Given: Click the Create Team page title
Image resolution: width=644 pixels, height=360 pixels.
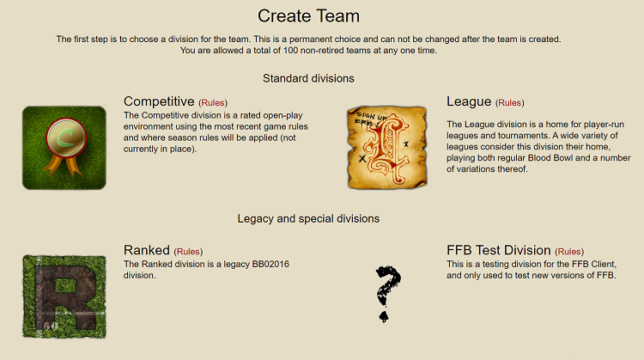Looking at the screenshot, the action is point(308,16).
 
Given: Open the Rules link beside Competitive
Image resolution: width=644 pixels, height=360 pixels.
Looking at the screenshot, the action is point(213,103).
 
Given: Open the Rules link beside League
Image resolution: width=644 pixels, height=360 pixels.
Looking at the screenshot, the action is point(510,103).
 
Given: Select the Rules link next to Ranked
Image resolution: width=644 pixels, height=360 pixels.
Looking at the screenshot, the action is point(188,252).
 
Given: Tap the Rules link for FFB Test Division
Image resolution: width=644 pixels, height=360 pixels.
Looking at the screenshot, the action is point(569,252).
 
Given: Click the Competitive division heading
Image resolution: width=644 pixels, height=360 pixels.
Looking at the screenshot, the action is point(159,101).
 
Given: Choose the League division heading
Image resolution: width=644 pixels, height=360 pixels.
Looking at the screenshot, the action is point(469,101).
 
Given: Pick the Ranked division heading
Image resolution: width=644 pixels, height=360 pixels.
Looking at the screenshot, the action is point(147,250).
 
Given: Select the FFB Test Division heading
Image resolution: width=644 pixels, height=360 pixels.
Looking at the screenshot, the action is point(499,250).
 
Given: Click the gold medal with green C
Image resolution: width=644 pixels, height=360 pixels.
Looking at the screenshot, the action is point(66,138).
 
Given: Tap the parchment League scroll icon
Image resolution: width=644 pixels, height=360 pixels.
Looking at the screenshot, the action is point(387,147).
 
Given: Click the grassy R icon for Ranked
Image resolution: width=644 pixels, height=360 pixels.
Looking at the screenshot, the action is point(64,296).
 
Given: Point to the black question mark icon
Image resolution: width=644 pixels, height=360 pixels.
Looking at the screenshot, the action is point(387,294).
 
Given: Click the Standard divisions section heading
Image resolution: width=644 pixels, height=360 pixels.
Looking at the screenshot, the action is point(308,78).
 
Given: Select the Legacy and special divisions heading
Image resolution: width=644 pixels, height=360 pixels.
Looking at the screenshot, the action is point(308,218).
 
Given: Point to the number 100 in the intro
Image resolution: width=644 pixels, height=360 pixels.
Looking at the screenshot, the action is point(291,51).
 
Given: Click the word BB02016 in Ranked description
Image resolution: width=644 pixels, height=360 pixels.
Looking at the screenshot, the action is point(270,265).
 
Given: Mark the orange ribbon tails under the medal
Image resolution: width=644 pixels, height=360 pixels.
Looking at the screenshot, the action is point(62,165).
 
